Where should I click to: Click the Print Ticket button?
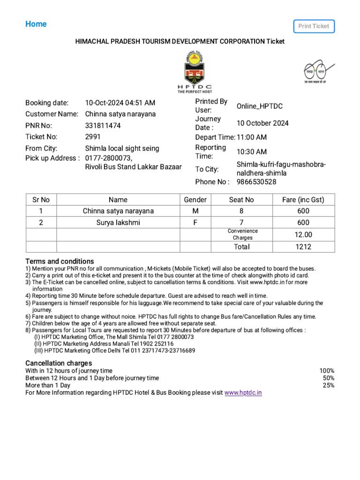pos(314,26)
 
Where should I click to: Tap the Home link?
pos(36,24)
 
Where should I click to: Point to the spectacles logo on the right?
pos(315,71)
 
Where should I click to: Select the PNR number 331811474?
pos(103,126)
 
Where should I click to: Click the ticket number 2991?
pos(93,137)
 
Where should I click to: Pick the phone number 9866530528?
pos(256,182)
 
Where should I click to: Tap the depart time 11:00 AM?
pos(251,137)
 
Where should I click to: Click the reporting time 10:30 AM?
pos(251,152)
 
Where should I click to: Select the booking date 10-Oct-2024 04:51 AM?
pos(120,103)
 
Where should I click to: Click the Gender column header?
pos(195,200)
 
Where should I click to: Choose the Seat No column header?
pos(241,200)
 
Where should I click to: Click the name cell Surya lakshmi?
pos(118,223)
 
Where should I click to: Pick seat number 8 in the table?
pos(241,211)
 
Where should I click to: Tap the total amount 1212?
pos(303,247)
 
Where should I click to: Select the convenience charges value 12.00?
pos(303,234)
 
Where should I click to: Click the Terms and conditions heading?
pos(60,261)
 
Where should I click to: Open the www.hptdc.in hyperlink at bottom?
pos(243,393)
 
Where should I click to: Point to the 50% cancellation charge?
pos(328,378)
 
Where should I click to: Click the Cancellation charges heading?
pos(59,363)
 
